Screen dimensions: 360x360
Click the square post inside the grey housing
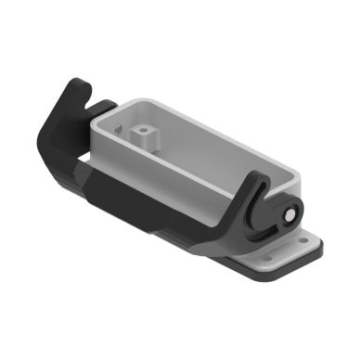point(145,137)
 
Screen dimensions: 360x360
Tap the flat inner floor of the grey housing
point(195,158)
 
